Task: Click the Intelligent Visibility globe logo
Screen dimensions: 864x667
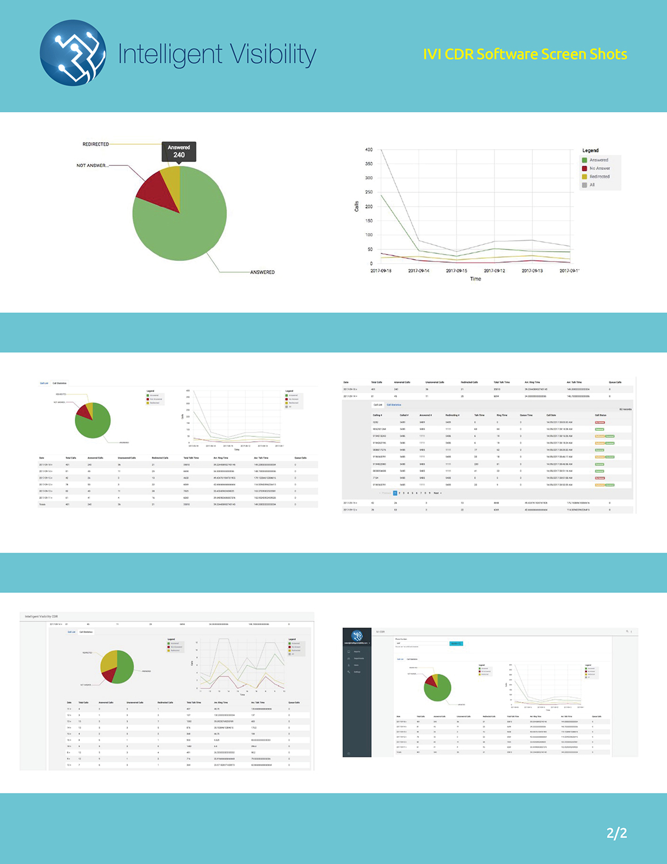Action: click(x=73, y=53)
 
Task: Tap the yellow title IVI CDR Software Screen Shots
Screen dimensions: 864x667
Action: click(x=525, y=54)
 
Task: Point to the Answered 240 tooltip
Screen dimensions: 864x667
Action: click(x=179, y=151)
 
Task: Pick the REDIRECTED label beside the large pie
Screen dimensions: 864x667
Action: click(x=96, y=144)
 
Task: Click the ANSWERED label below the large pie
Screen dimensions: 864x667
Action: click(x=262, y=272)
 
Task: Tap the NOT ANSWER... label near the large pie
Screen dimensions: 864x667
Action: click(x=92, y=165)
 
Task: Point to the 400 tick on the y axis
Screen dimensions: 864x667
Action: click(x=369, y=150)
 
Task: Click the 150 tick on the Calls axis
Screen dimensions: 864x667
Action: click(x=369, y=221)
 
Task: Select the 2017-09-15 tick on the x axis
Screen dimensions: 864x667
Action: click(x=456, y=271)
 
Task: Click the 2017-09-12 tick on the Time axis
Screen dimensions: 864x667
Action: click(x=494, y=271)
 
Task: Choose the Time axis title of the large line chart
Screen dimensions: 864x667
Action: click(x=475, y=279)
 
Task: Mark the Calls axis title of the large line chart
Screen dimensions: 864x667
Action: click(x=356, y=206)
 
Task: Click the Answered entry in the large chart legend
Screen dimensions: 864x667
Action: click(x=599, y=160)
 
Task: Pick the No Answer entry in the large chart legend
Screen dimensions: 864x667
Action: click(x=599, y=168)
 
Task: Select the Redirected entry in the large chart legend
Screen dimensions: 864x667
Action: click(x=599, y=177)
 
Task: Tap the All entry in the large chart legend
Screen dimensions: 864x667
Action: click(x=592, y=185)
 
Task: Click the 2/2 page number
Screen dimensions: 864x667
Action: click(x=616, y=833)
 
